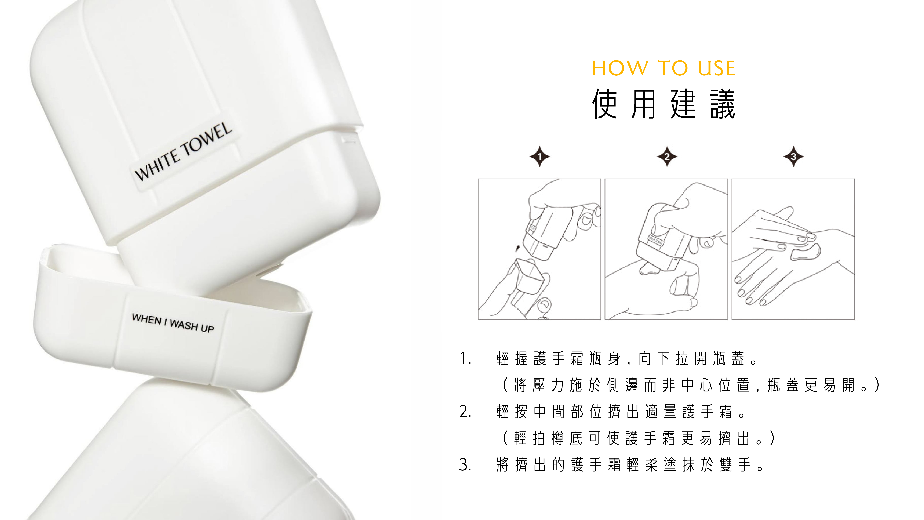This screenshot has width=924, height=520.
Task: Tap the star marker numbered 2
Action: point(667,156)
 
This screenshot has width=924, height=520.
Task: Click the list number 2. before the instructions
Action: point(465,412)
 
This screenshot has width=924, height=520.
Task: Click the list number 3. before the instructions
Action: point(465,465)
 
